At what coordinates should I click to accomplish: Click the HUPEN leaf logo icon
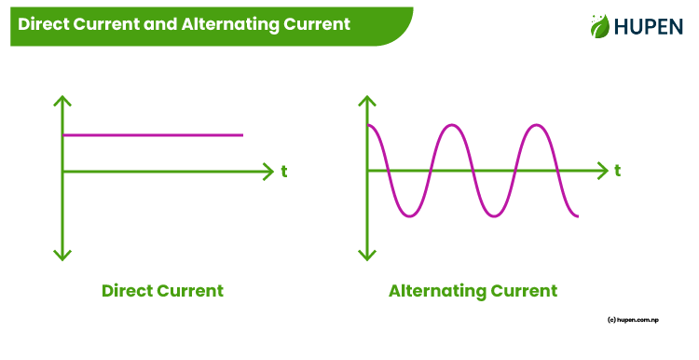click(x=599, y=26)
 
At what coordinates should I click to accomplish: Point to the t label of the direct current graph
click(x=283, y=172)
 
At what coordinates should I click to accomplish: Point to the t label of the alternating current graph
click(x=618, y=172)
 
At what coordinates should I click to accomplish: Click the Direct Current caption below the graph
click(x=162, y=290)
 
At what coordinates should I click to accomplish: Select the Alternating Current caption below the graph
click(x=473, y=290)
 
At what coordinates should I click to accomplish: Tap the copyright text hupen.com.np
click(x=643, y=319)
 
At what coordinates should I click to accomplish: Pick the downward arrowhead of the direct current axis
click(x=62, y=255)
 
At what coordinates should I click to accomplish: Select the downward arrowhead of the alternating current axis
click(x=368, y=255)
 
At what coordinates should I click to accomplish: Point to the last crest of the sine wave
click(x=536, y=125)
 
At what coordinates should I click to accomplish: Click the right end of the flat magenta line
click(x=241, y=135)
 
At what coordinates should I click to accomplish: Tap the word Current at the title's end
click(x=316, y=24)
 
